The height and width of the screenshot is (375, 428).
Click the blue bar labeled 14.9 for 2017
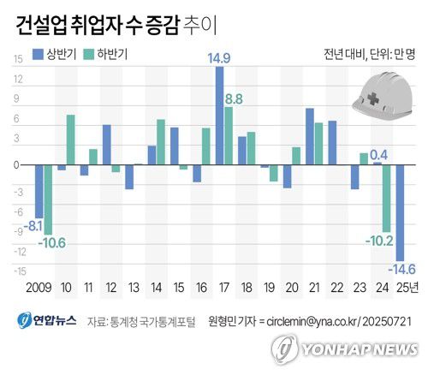219,115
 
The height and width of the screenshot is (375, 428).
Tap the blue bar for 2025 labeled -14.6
399,211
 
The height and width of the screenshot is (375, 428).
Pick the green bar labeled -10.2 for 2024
387,198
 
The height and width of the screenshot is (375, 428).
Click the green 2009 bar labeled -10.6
48,199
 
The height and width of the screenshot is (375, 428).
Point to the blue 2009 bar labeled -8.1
39,191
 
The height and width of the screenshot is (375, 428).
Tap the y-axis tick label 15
17,59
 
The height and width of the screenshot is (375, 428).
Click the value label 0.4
379,155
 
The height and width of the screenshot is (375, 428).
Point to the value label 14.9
219,58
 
